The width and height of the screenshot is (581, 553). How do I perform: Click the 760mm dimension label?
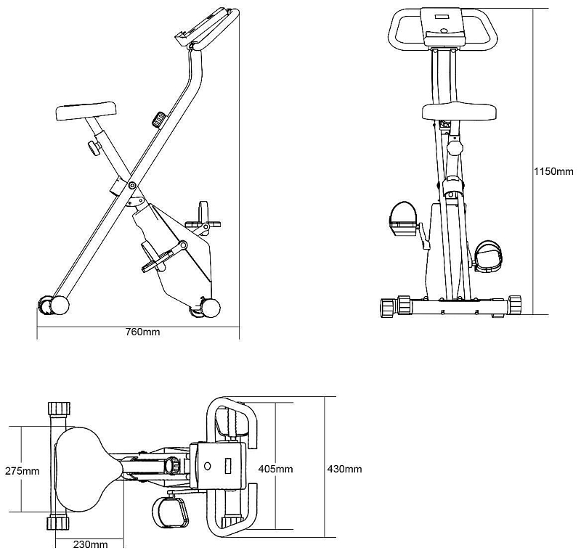[x=143, y=332]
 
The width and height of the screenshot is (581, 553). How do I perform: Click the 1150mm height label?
[x=553, y=171]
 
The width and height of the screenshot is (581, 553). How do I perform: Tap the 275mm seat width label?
[x=23, y=471]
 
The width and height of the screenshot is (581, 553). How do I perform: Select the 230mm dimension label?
[x=90, y=544]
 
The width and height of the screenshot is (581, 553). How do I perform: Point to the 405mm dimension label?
[x=275, y=469]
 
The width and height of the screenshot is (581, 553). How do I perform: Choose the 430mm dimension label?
[x=344, y=469]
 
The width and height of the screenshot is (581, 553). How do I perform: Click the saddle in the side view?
[x=86, y=111]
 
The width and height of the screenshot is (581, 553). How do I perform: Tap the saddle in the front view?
[x=459, y=111]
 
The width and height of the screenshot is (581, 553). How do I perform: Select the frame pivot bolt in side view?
[x=132, y=186]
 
